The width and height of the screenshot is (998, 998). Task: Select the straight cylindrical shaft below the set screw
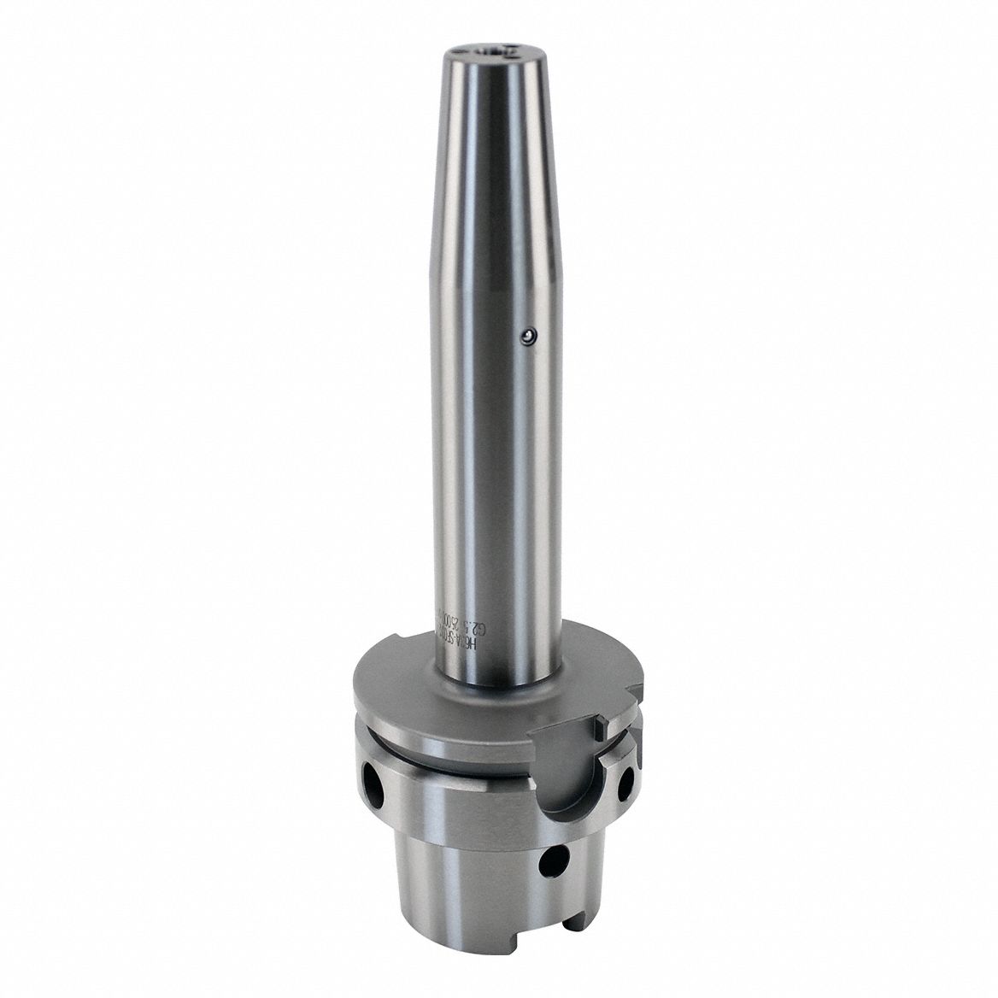click(x=491, y=478)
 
